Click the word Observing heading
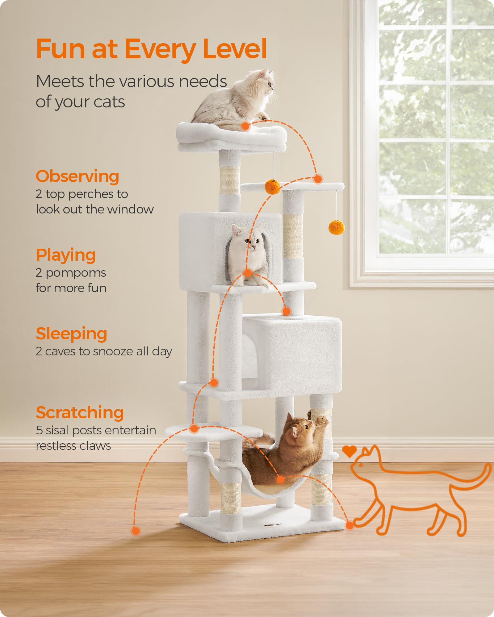click(77, 176)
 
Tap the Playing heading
click(66, 255)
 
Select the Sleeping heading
click(71, 334)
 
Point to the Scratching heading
click(80, 413)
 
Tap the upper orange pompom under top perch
click(273, 187)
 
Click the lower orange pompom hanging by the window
click(336, 227)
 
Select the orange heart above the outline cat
click(350, 451)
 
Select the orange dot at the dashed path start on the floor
click(136, 531)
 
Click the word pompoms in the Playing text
click(76, 273)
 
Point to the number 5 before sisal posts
click(39, 430)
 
